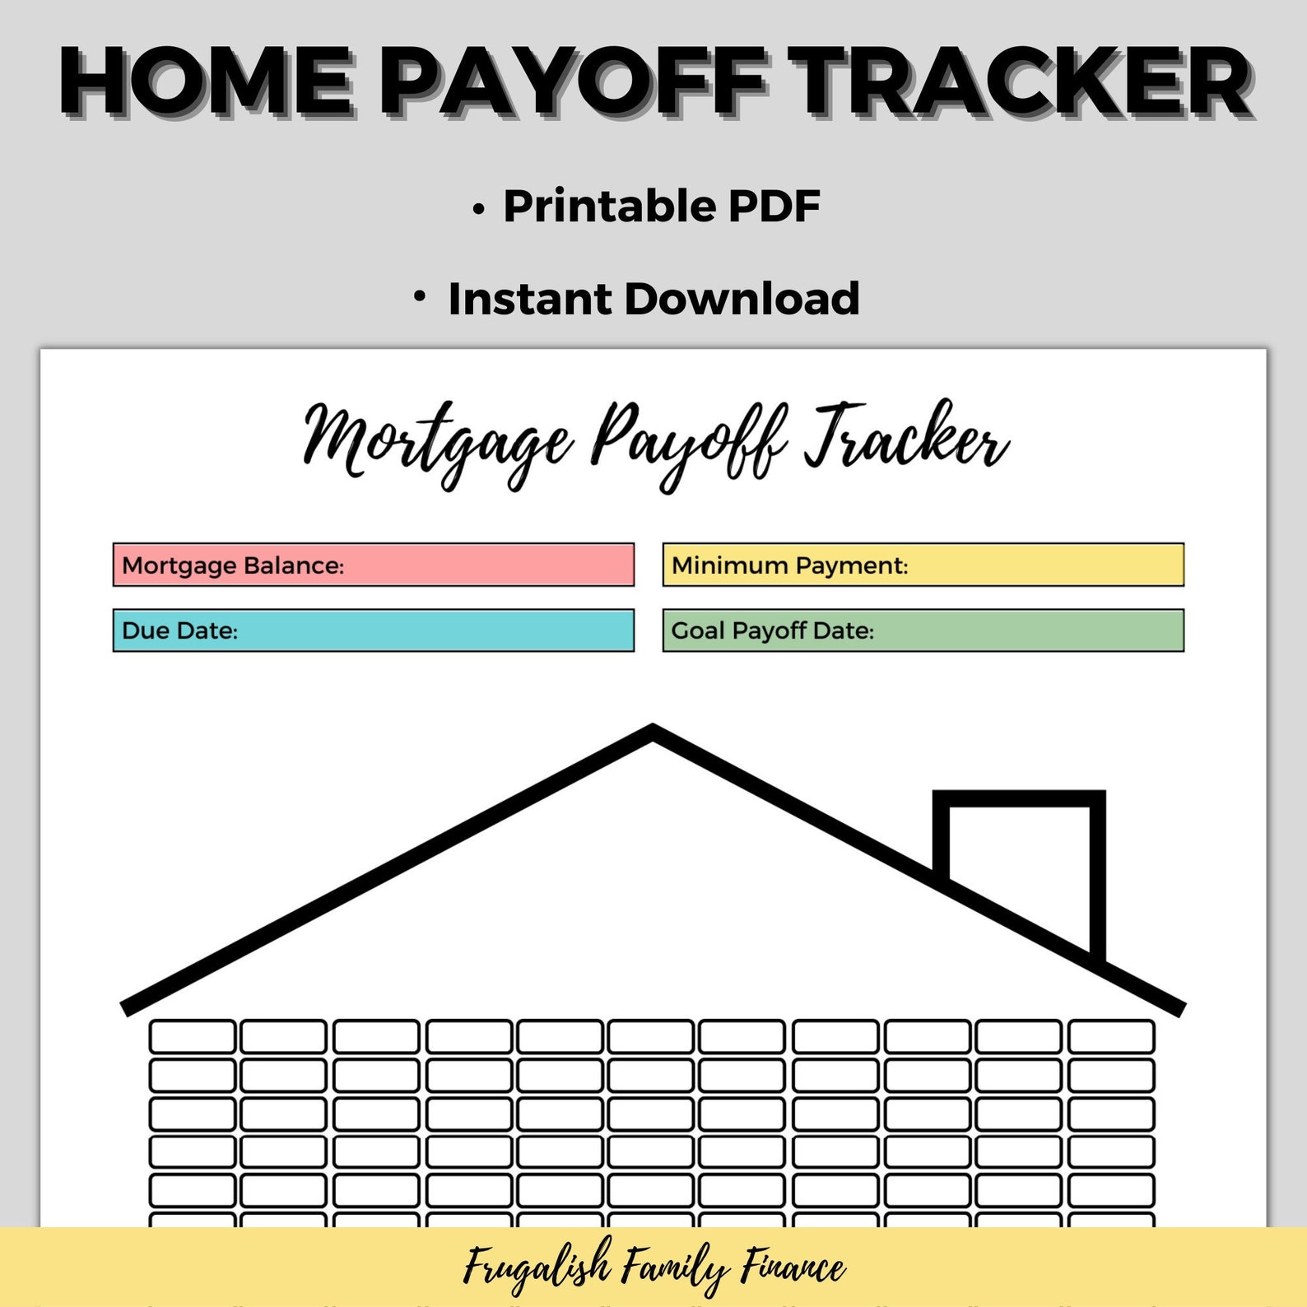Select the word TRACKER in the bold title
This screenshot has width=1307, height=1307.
[x=1021, y=81]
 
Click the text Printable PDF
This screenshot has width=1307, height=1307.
[x=661, y=206]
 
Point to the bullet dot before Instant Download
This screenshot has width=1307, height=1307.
[x=420, y=296]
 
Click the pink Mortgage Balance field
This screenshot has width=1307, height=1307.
[x=373, y=565]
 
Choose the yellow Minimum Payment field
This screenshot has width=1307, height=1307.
[x=923, y=565]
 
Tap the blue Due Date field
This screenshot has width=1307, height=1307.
[x=373, y=630]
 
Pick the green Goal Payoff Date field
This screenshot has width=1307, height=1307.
[x=923, y=630]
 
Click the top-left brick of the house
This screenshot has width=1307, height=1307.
[x=193, y=1036]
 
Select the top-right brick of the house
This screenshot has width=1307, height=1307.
[x=1111, y=1036]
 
